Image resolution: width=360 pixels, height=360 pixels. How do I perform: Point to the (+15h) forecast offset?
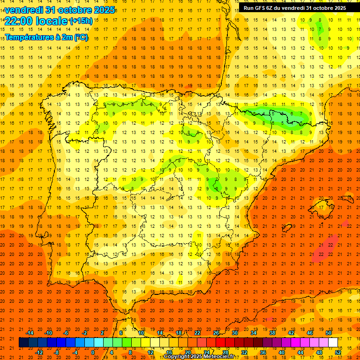point(81,21)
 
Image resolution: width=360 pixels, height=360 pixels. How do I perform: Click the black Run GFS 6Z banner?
point(294,7)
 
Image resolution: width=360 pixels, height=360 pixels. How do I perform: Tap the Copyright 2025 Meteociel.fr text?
point(199,357)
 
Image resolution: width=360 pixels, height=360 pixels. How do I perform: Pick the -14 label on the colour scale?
point(30,333)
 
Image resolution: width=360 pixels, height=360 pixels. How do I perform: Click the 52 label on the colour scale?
point(338,352)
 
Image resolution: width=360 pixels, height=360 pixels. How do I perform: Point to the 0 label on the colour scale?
point(93,352)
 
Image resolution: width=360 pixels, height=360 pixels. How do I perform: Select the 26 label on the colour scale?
point(216,333)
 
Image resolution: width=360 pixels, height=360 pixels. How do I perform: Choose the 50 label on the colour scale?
point(329,333)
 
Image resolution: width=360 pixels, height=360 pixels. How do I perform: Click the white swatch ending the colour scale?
point(333,342)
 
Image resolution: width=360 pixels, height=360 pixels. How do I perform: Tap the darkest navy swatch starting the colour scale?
point(23,342)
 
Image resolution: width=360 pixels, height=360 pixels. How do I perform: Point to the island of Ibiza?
point(285,228)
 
